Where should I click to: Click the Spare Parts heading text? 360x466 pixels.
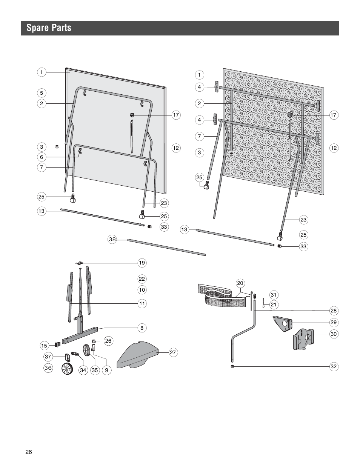[49, 28]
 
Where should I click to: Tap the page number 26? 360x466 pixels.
[29, 452]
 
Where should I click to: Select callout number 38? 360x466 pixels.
[112, 239]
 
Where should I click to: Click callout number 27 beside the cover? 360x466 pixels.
[172, 352]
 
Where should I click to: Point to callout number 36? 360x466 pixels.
[48, 368]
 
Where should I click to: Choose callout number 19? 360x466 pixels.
[142, 263]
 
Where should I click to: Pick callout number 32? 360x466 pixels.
[333, 366]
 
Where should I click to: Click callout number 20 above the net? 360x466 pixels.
[240, 283]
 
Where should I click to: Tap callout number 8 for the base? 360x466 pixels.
[142, 328]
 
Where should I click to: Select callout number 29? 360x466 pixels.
[333, 322]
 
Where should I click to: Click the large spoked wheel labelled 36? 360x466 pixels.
[67, 369]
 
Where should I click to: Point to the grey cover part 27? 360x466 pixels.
[138, 354]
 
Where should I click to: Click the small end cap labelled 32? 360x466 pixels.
[232, 366]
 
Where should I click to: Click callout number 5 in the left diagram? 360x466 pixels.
[42, 93]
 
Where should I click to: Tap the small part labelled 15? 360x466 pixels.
[58, 344]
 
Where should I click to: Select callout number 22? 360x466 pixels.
[142, 279]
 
